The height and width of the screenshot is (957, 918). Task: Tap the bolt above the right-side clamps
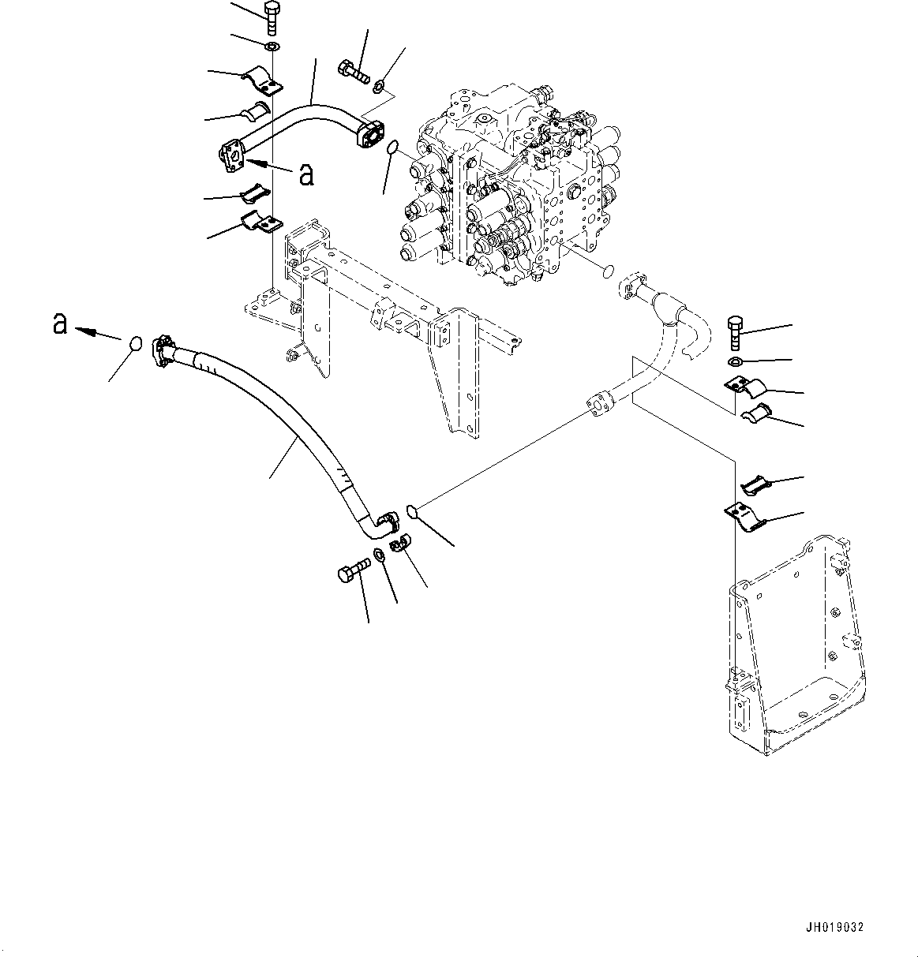(735, 331)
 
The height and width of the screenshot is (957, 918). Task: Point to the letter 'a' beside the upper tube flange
(306, 174)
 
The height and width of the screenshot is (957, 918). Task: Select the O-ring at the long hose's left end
(135, 344)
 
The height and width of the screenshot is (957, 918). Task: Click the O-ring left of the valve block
(392, 148)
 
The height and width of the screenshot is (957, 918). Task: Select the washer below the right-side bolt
(735, 362)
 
